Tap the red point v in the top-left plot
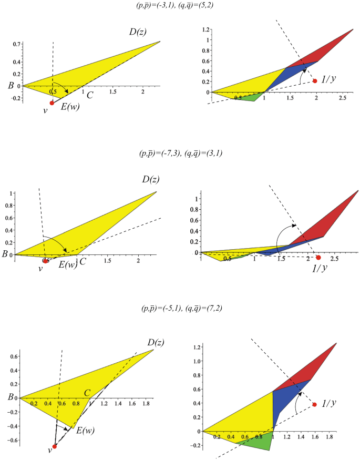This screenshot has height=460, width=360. pos(52,103)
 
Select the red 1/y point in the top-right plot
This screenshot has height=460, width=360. pos(315,81)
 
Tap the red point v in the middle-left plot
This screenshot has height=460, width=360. pos(46,261)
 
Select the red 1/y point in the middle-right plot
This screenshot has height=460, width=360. pos(318,258)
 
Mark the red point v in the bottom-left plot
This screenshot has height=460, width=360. pos(54,446)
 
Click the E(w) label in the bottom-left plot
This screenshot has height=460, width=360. pos(85,431)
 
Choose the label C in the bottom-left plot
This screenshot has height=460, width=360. pos(88,392)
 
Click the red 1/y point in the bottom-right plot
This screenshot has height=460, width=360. pos(315,404)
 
